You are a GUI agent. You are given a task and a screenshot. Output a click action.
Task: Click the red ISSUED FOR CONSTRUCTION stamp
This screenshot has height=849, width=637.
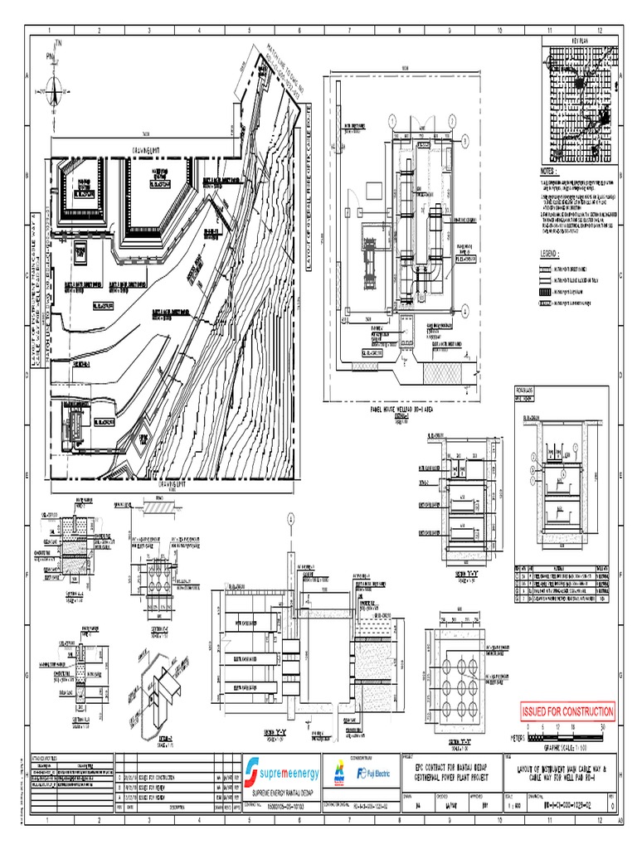567,711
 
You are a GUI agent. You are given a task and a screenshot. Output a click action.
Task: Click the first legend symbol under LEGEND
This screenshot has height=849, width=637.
544,269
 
